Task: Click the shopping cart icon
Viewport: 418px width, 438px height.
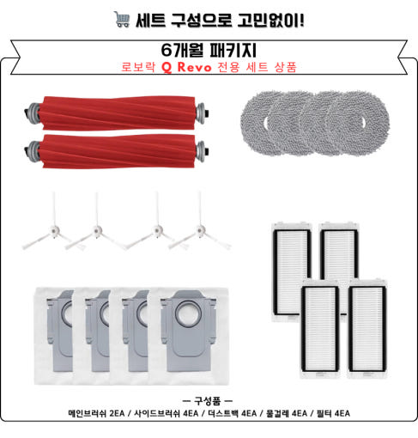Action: [122, 19]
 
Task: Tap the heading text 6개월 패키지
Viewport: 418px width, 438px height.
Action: [209, 50]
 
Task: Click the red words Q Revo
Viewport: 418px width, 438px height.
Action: [187, 67]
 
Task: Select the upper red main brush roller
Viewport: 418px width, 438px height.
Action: [117, 113]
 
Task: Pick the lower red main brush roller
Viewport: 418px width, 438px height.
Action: [117, 151]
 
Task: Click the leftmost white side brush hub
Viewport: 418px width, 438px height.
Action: [54, 229]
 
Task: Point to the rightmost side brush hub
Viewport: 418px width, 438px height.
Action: [201, 229]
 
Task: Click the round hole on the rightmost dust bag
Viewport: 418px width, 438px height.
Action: [188, 313]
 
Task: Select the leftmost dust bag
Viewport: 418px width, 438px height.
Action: [54, 336]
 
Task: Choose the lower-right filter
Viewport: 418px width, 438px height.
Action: [367, 329]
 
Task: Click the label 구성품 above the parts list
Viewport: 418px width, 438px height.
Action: [208, 401]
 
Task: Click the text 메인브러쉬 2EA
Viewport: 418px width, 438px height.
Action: [96, 413]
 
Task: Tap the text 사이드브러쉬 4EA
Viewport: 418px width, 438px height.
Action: [167, 413]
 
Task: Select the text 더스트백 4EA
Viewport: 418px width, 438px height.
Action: [233, 413]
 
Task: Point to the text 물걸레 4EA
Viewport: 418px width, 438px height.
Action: [287, 413]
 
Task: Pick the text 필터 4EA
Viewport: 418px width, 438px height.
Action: [333, 413]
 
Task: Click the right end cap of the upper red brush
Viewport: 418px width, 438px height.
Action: [202, 113]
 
